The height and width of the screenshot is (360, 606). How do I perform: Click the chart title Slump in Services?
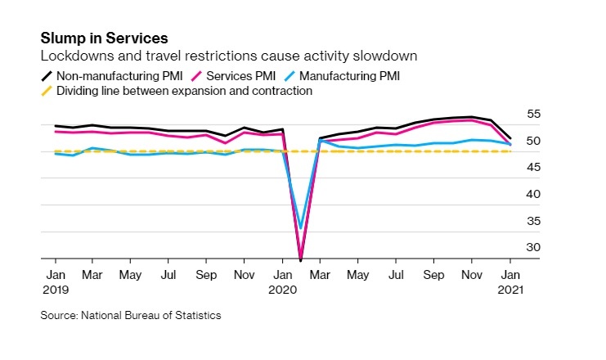coord(104,38)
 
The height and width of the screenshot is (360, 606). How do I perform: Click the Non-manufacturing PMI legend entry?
coord(107,76)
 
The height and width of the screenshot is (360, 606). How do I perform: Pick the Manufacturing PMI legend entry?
coord(346,76)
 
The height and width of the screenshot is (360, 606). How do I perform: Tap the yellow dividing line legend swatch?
coord(47,92)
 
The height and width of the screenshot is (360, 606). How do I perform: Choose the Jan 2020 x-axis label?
coord(282,282)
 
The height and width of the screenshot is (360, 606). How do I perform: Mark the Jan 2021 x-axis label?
coord(510,282)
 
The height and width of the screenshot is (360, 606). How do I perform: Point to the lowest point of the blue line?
coord(301,227)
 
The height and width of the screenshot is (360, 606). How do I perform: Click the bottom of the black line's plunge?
coord(301,259)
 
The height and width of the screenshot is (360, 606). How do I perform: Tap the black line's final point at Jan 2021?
coord(511,138)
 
